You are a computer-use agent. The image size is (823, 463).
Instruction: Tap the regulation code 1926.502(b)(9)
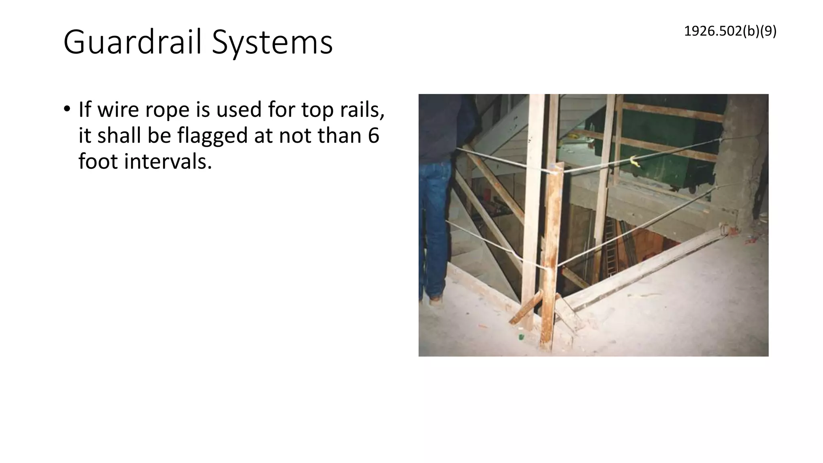tap(730, 31)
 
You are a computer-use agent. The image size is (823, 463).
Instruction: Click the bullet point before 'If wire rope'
tap(67, 109)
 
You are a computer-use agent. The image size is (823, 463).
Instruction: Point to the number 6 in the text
tap(373, 135)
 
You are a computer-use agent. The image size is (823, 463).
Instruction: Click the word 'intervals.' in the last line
tap(168, 162)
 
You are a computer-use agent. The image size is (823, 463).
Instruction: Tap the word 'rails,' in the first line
tap(362, 109)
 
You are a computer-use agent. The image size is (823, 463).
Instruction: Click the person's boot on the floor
tap(436, 299)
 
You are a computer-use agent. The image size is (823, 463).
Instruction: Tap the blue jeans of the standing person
tap(433, 225)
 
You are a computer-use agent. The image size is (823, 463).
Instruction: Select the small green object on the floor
tap(521, 337)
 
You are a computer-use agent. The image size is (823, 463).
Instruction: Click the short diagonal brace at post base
tap(526, 309)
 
